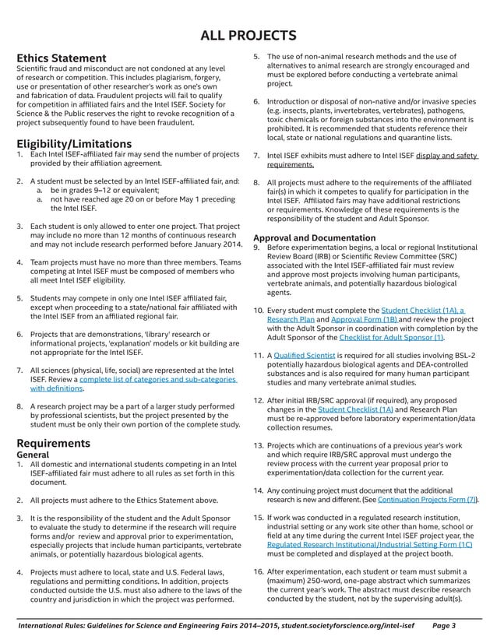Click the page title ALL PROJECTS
click(x=248, y=35)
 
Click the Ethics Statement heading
click(x=62, y=58)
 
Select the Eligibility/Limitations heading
click(x=74, y=143)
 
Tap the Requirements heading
click(x=53, y=443)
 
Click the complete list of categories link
click(x=157, y=378)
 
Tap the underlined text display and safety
click(x=446, y=155)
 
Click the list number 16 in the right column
click(x=259, y=571)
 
